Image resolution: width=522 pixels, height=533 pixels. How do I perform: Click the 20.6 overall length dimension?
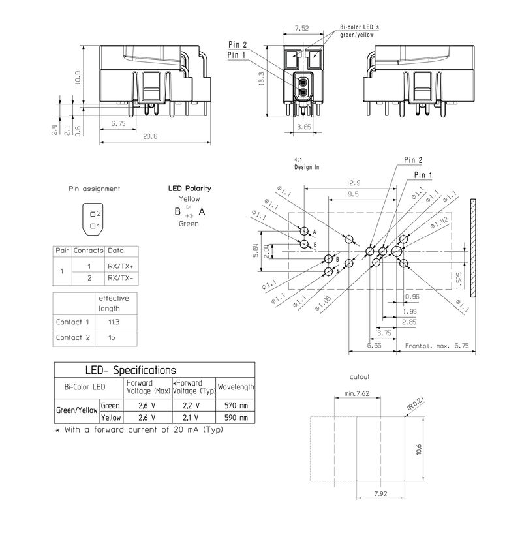[151, 136]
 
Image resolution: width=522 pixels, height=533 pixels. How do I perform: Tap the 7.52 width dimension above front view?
[301, 28]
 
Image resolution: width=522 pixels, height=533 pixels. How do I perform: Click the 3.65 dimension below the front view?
[303, 127]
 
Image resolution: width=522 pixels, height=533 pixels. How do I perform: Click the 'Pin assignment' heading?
[95, 189]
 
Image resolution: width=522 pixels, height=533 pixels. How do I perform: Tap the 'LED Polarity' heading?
[189, 188]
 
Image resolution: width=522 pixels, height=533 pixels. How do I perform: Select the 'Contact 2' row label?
[73, 337]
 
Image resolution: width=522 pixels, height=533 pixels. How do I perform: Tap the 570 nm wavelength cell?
[234, 405]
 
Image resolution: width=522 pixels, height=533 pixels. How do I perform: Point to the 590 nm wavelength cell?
[234, 417]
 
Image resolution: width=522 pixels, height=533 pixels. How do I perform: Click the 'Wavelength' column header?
[236, 387]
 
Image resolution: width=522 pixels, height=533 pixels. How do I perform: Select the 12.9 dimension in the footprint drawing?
[354, 184]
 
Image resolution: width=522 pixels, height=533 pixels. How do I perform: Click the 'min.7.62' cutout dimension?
[357, 393]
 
